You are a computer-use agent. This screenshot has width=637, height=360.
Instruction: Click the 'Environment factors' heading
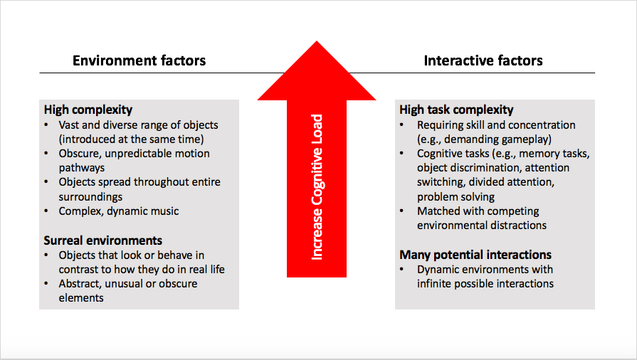[x=139, y=60]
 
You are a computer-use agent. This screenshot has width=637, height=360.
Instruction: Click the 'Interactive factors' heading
[x=483, y=60]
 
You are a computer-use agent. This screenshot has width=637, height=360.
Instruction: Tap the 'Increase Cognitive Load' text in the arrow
[x=317, y=186]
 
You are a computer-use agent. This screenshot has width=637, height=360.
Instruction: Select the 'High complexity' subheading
[x=88, y=110]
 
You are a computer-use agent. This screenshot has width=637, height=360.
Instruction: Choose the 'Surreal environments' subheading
[x=103, y=240]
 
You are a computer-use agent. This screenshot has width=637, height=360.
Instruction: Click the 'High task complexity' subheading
[x=456, y=110]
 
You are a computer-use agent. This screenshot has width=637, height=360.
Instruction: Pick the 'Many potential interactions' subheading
[x=475, y=255]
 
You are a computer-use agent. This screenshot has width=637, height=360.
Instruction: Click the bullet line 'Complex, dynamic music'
[x=119, y=211]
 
